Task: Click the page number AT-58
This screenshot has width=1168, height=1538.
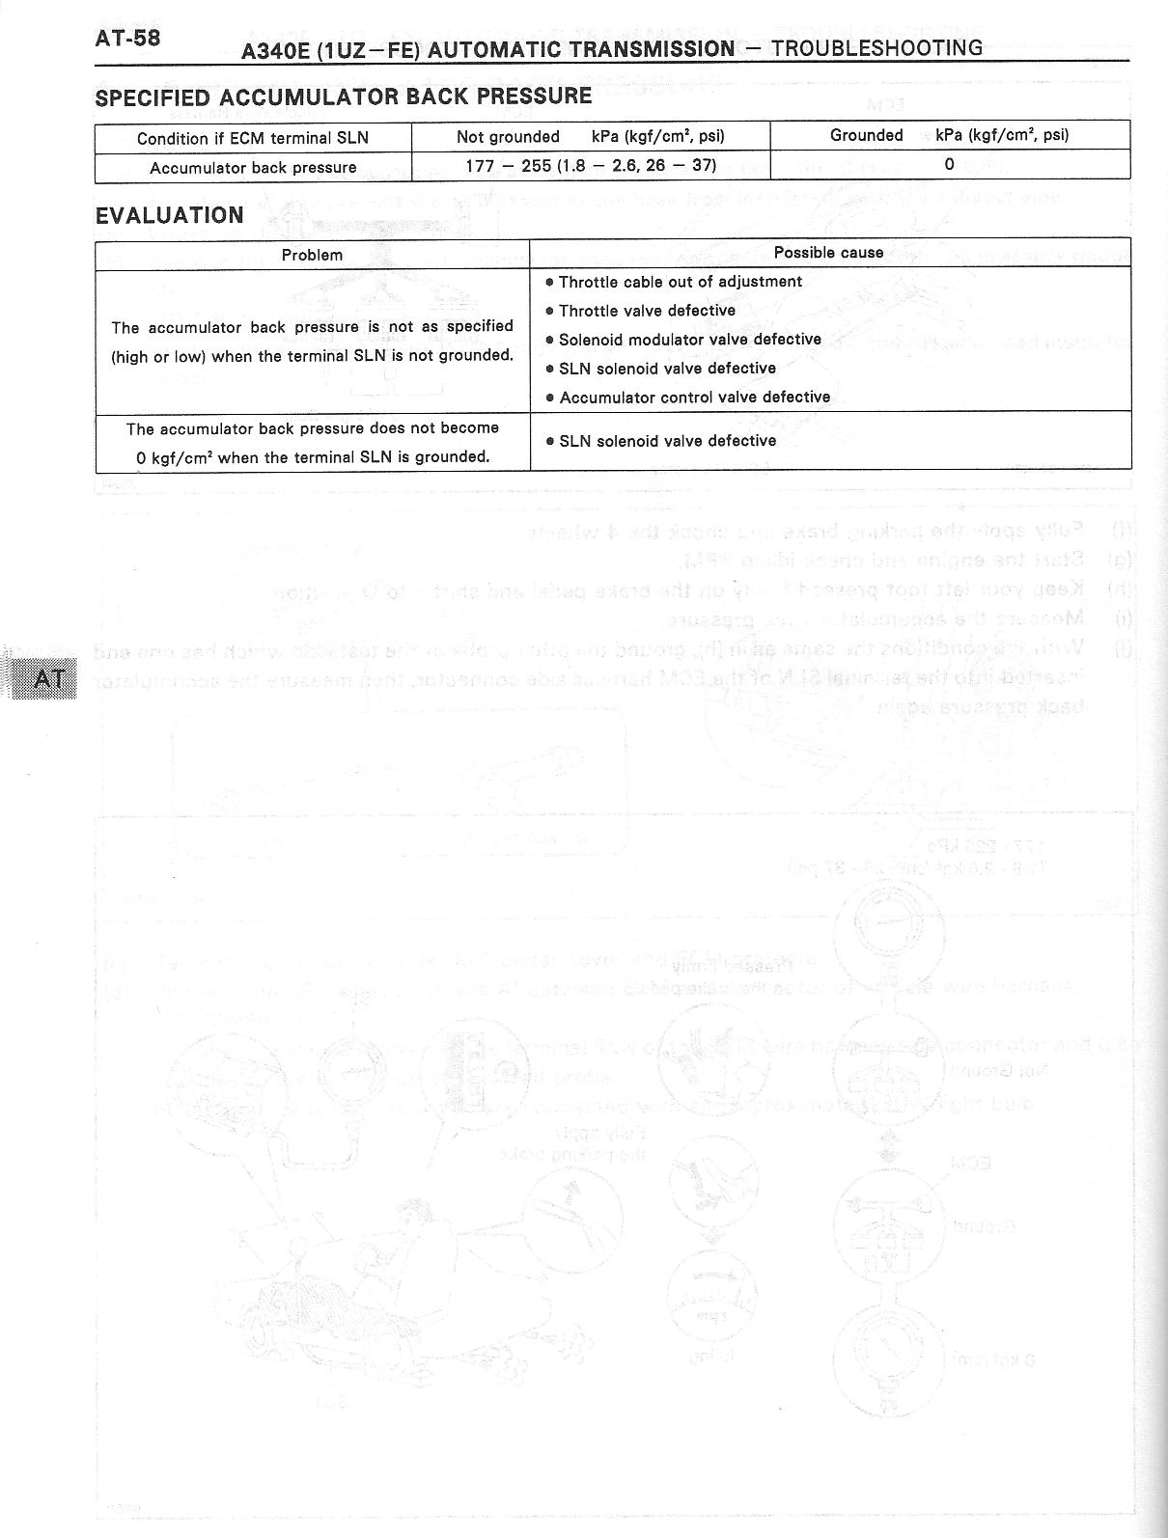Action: [x=127, y=38]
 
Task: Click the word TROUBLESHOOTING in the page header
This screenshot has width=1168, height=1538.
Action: [x=877, y=47]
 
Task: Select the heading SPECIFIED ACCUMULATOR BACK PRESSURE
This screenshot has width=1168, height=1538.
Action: [x=343, y=96]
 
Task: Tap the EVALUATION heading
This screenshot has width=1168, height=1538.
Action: [x=169, y=215]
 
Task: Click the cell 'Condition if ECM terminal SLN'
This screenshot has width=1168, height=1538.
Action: [x=253, y=138]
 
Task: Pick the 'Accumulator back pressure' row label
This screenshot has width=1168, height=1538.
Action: [x=253, y=168]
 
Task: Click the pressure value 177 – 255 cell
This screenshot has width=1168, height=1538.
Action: [x=591, y=165]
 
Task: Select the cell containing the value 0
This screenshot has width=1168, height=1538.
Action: [x=949, y=164]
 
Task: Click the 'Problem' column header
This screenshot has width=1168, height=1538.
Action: [x=312, y=255]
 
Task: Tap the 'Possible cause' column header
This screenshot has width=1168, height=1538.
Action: [x=828, y=253]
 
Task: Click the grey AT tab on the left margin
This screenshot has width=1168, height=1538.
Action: [x=48, y=678]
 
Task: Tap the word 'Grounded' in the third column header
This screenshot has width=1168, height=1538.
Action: [x=866, y=135]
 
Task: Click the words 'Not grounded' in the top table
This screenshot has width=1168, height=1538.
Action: [x=508, y=137]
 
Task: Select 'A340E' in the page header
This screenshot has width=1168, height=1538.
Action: [x=275, y=49]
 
